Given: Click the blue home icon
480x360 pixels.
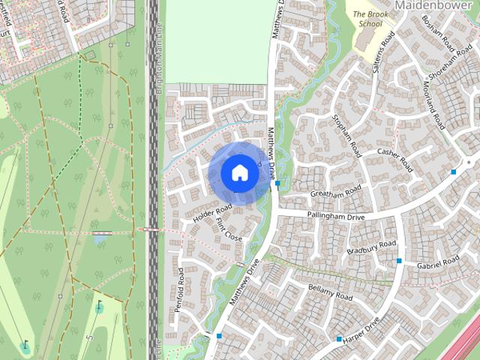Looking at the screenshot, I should click(x=239, y=172).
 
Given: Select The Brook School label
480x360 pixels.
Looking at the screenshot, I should click(x=367, y=19).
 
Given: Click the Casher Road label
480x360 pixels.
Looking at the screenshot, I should click(x=395, y=160).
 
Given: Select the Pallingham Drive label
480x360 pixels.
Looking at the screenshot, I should click(x=335, y=216).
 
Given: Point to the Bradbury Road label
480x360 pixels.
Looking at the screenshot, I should click(x=371, y=247).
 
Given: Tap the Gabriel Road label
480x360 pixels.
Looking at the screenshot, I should click(x=438, y=263).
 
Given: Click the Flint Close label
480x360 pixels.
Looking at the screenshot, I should click(x=228, y=229).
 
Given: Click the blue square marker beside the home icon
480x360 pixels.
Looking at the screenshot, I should click(x=277, y=183).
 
